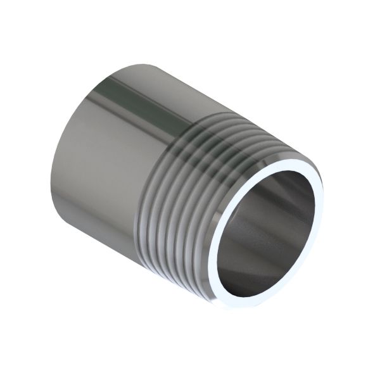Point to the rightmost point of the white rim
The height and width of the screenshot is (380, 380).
(x=324, y=196)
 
